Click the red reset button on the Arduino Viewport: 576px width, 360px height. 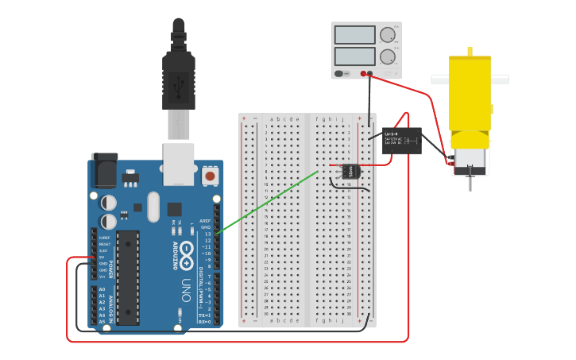[210, 175]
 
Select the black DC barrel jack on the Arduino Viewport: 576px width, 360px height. [104, 170]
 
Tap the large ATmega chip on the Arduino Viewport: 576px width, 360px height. [127, 278]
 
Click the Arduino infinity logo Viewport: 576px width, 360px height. [186, 254]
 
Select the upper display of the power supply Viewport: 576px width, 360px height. [354, 35]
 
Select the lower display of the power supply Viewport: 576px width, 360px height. [354, 56]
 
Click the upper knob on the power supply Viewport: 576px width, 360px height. [388, 35]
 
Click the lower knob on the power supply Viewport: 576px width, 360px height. [388, 56]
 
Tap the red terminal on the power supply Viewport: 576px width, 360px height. [370, 74]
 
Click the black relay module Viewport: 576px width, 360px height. [402, 140]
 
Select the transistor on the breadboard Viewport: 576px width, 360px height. [350, 172]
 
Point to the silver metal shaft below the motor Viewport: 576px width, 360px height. [470, 183]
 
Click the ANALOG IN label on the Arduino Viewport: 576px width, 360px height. [110, 306]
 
